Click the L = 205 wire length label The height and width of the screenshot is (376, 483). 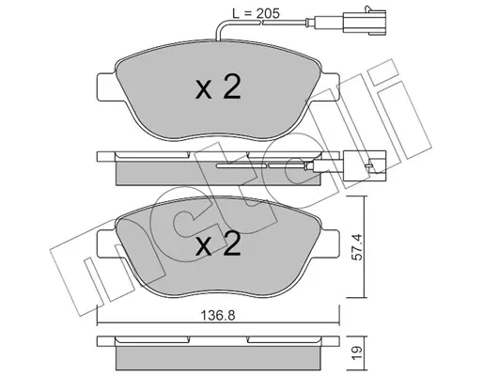point(256,13)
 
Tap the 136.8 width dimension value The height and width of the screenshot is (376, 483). point(218,316)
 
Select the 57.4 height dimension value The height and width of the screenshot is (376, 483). point(357,247)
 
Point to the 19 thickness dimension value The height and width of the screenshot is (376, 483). point(357,353)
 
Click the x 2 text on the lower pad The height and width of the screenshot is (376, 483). point(218,243)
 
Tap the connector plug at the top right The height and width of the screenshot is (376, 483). point(365,21)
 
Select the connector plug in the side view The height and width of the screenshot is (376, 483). point(365,165)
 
